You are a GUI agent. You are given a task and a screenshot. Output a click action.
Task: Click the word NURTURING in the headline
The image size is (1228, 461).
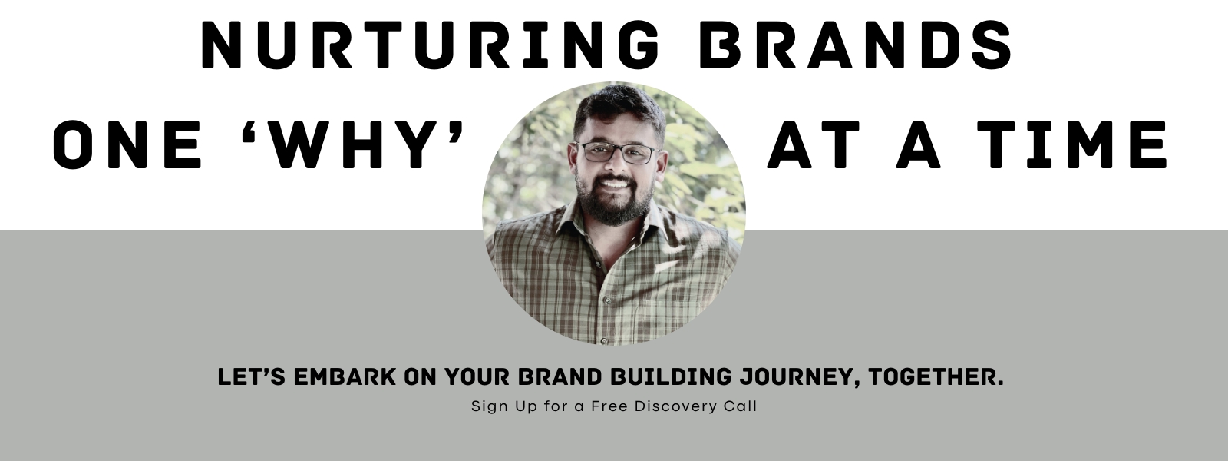tap(431, 45)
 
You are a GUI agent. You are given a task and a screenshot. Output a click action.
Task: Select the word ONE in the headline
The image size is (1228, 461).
tap(127, 144)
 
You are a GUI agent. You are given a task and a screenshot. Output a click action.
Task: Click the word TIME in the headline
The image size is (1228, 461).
tap(1078, 144)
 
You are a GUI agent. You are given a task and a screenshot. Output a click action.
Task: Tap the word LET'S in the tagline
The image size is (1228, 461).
tap(252, 377)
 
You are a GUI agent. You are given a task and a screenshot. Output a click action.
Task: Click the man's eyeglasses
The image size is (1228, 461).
tap(617, 152)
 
